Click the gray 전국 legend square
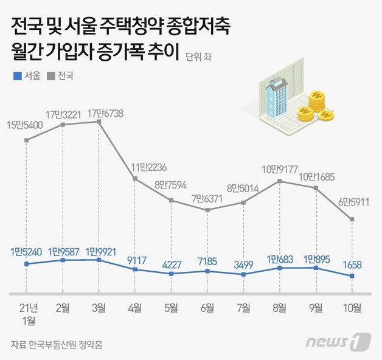click(x=51, y=77)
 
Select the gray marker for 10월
click(x=352, y=220)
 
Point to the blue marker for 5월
click(x=171, y=274)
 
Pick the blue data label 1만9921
click(x=99, y=250)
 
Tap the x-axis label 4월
click(x=135, y=308)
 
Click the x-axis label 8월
click(x=279, y=308)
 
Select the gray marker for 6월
click(x=207, y=210)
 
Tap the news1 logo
click(x=338, y=342)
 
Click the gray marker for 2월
click(x=63, y=125)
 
